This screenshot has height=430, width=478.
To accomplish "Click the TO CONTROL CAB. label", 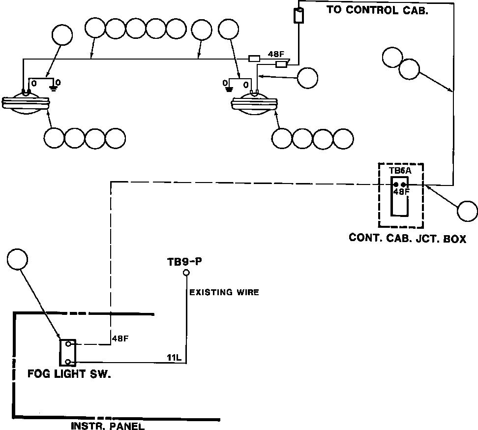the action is click(x=378, y=10).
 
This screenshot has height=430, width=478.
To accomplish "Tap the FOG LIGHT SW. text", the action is click(x=69, y=374).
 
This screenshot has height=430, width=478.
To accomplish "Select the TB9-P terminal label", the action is click(x=185, y=262).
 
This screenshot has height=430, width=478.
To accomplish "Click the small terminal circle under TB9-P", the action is click(x=186, y=273).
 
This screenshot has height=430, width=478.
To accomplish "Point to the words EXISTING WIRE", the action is click(x=224, y=292).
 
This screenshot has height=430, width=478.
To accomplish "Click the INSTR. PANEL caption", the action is click(x=108, y=426).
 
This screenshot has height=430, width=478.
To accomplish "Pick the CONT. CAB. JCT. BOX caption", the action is click(x=408, y=238).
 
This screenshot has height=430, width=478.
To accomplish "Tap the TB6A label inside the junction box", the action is click(x=400, y=171).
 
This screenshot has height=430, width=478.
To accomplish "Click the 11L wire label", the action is click(x=174, y=357).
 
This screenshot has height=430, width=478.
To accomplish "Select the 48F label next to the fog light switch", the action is click(x=120, y=338).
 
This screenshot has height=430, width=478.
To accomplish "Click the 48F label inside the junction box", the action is click(x=401, y=192).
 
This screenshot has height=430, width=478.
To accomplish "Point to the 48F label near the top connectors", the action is click(x=276, y=54).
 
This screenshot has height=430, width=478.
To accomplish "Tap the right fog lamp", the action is click(x=255, y=104).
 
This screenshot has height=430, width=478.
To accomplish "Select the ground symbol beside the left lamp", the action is click(x=54, y=89).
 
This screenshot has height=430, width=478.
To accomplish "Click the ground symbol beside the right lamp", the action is click(x=229, y=89).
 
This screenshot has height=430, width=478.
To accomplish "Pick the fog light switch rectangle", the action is click(x=68, y=353).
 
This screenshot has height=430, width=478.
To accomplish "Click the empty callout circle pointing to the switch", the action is click(x=17, y=259).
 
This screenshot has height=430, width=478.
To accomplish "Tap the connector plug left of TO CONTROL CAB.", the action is click(x=299, y=15).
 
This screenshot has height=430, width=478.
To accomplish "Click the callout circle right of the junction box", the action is click(x=468, y=211).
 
